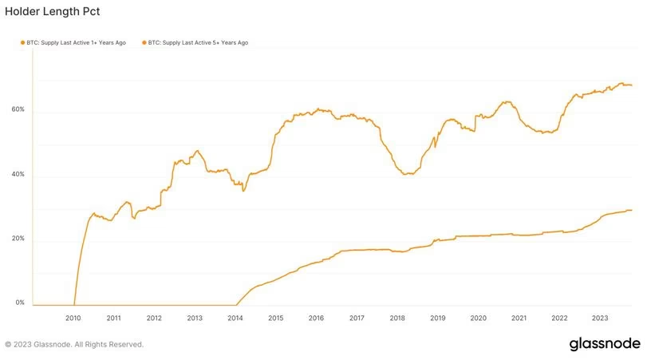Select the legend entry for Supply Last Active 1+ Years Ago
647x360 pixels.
[x=77, y=42]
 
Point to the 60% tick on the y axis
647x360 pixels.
[x=18, y=109]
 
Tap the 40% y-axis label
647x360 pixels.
[x=18, y=174]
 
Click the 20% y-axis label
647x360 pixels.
[x=18, y=239]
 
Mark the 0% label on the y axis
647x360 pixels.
[x=20, y=303]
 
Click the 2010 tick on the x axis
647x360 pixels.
[x=73, y=318]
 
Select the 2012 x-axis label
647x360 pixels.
[x=154, y=318]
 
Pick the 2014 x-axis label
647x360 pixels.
[x=235, y=318]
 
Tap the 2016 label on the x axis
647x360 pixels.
[x=316, y=318]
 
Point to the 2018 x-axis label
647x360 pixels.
[x=397, y=318]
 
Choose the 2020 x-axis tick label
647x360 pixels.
[x=478, y=318]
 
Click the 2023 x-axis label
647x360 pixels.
[x=600, y=318]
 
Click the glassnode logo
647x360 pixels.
[x=604, y=344]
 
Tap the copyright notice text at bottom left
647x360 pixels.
[x=74, y=345]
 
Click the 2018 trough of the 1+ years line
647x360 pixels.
[x=408, y=174]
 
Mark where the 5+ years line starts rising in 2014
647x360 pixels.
[x=237, y=304]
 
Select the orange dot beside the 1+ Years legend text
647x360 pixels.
[x=23, y=42]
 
